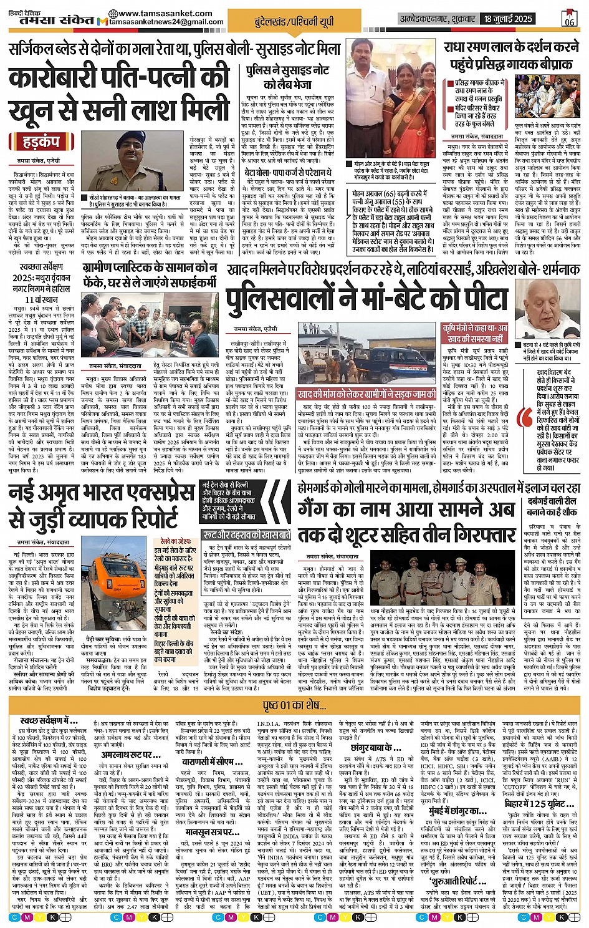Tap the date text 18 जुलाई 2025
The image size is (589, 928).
coord(510,19)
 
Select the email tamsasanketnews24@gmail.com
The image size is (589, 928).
coord(166,22)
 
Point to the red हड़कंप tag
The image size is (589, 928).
coord(42,142)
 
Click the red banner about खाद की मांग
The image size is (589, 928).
coord(366,395)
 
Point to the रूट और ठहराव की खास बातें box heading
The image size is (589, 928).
coord(247,535)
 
